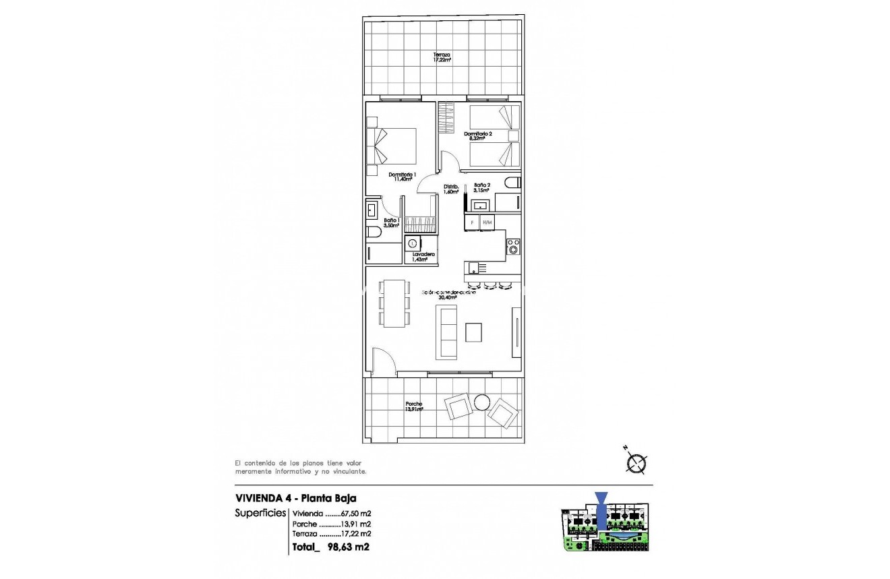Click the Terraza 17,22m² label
442,57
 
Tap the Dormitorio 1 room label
402,177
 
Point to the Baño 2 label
481,187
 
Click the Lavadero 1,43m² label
419,257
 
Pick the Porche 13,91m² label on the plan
414,407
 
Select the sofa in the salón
448,331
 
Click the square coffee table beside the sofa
474,332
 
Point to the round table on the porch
482,402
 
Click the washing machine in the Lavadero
413,243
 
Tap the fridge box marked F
472,222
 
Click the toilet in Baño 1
374,233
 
